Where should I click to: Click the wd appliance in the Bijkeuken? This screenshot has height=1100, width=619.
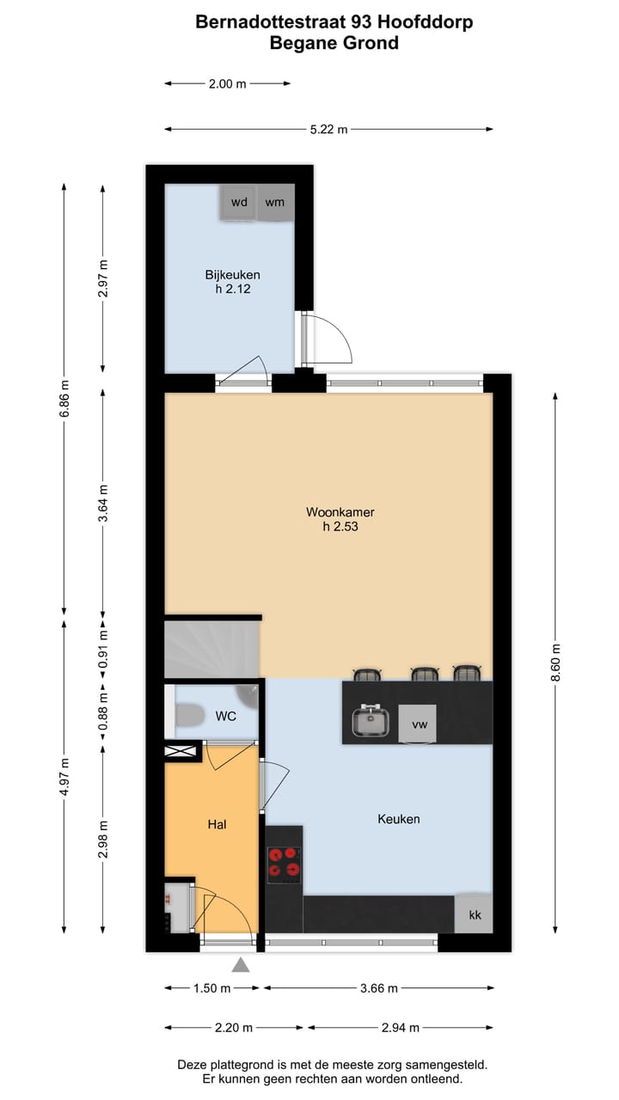click(239, 203)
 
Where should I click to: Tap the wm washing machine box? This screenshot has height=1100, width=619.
click(275, 203)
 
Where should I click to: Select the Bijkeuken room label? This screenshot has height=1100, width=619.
click(232, 282)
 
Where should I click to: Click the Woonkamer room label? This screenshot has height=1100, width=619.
click(340, 519)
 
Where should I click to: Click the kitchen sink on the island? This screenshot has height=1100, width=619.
click(371, 722)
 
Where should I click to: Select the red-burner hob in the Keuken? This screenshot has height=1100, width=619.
click(285, 865)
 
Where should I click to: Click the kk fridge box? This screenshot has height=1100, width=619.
click(475, 914)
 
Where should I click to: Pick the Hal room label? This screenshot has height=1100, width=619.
click(217, 824)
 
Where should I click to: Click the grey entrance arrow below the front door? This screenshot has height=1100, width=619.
click(241, 965)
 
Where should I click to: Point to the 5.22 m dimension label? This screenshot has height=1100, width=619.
click(328, 130)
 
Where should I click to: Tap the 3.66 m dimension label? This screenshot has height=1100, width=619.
click(378, 988)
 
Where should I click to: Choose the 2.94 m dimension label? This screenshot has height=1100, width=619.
click(400, 1028)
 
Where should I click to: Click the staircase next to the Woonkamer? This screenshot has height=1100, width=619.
click(211, 650)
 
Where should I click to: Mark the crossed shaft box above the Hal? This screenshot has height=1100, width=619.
click(183, 751)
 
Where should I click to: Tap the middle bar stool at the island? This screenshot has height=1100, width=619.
click(425, 674)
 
